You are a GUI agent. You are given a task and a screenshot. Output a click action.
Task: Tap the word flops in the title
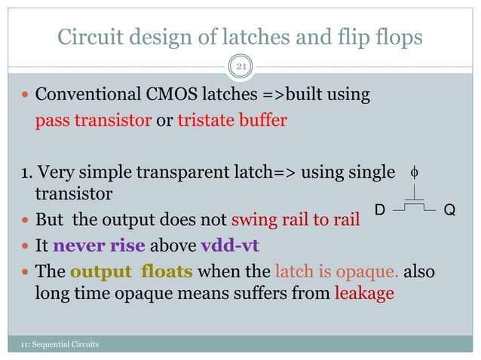[397, 37]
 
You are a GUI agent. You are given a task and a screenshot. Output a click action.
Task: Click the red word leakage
[363, 294]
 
